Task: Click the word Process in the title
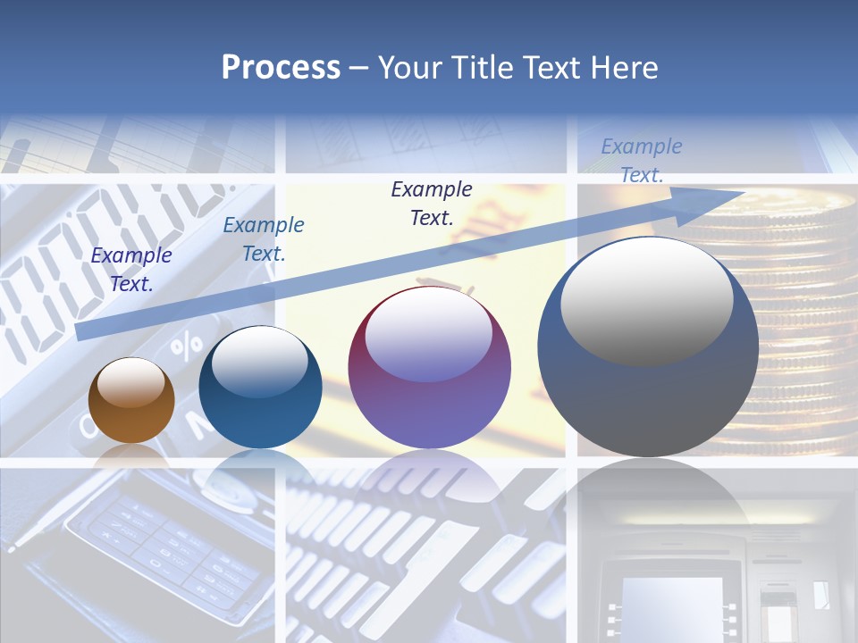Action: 281,68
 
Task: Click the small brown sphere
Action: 131,401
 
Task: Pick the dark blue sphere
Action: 260,388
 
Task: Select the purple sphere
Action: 430,368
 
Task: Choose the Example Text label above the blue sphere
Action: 264,239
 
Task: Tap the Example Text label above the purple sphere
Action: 432,203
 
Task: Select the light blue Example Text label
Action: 642,161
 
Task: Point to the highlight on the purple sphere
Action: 429,334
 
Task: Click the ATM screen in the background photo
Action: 672,603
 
